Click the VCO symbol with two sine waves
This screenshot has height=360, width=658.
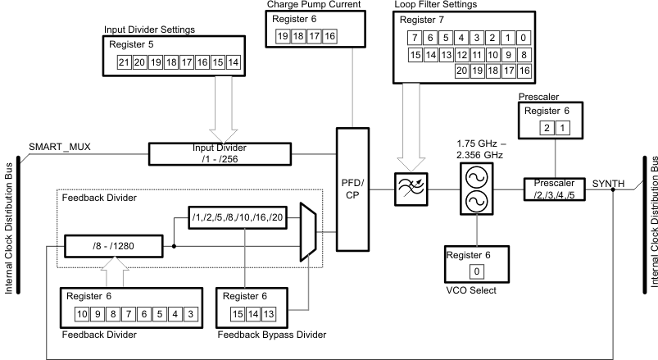click(474, 189)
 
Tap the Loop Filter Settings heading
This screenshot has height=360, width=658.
click(435, 5)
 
